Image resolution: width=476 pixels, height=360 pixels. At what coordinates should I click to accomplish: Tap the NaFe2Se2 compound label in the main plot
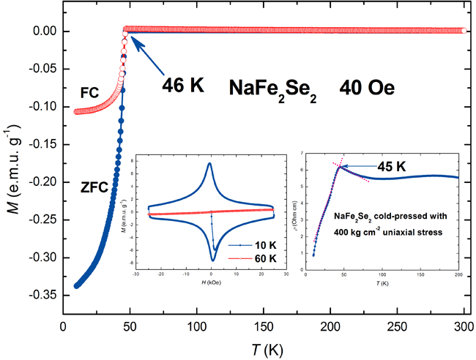[272, 89]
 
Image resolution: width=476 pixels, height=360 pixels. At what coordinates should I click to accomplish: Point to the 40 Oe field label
[366, 88]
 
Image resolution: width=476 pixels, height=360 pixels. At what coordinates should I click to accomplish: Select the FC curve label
[90, 94]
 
